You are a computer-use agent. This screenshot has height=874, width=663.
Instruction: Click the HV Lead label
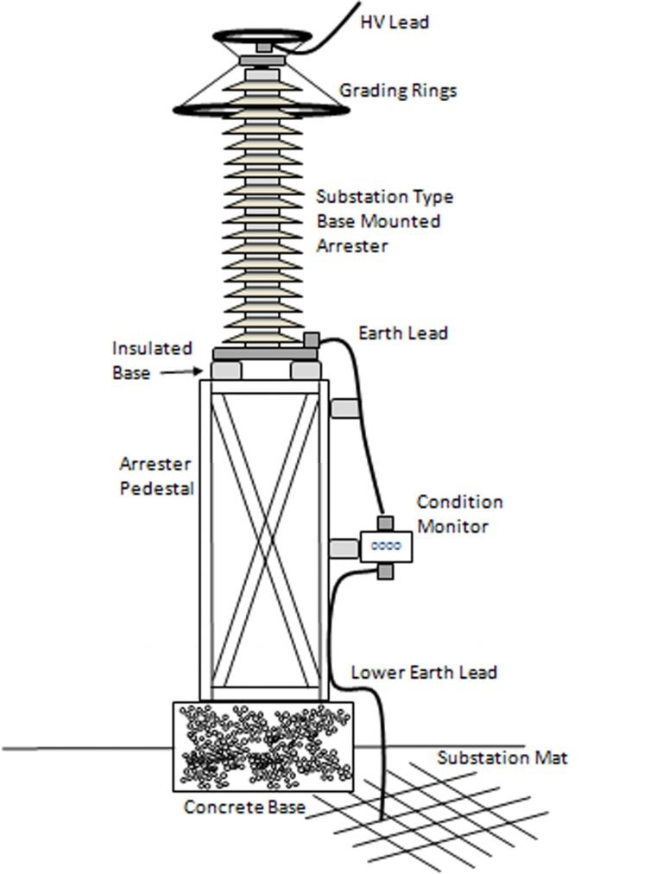click(394, 22)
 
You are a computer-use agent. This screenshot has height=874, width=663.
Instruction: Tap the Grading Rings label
click(397, 91)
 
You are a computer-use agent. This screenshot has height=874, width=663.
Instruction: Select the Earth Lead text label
click(402, 332)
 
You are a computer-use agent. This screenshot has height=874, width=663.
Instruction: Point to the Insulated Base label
click(152, 360)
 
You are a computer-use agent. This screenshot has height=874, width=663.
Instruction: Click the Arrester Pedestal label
click(156, 476)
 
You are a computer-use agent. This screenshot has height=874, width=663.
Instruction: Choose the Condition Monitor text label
click(459, 514)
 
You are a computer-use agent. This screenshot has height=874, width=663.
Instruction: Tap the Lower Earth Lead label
click(423, 672)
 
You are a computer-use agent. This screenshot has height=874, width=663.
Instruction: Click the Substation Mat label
click(502, 758)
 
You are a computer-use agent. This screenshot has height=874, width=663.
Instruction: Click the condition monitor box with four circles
click(386, 546)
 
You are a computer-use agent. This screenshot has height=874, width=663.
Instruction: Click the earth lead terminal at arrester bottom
click(312, 339)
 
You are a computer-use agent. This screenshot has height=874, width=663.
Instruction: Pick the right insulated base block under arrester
click(306, 370)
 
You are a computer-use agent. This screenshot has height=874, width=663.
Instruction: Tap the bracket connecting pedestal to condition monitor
click(344, 548)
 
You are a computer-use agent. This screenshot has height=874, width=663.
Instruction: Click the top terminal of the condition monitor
click(386, 523)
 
